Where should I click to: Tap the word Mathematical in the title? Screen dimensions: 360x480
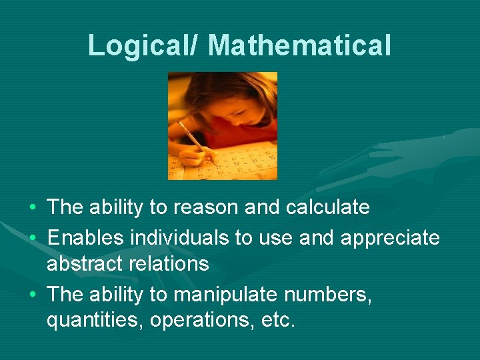tap(299, 45)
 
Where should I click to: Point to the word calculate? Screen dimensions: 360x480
tap(327, 207)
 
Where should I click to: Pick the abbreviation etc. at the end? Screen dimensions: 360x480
tap(277, 321)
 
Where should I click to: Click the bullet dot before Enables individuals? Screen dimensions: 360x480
tap(33, 237)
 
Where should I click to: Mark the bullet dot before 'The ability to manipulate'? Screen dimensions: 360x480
tap(33, 294)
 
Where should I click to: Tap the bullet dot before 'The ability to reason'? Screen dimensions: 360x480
tap(33, 208)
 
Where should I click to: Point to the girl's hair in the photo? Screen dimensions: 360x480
tap(220, 90)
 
